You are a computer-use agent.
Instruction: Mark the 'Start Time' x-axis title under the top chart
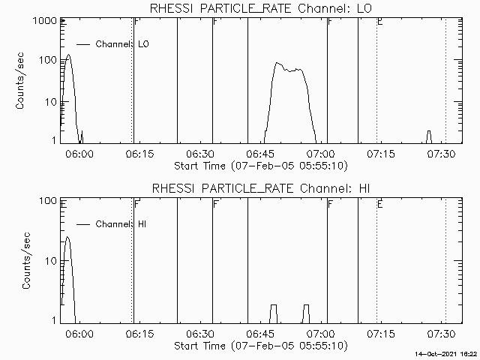pyautogui.click(x=259, y=165)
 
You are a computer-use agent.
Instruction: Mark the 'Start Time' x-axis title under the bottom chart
pyautogui.click(x=259, y=346)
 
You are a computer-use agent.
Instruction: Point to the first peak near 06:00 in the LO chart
pyautogui.click(x=68, y=55)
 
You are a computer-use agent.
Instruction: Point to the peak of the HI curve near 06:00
pyautogui.click(x=67, y=237)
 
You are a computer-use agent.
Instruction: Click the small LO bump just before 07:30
pyautogui.click(x=428, y=132)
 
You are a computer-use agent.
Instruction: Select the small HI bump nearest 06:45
pyautogui.click(x=274, y=305)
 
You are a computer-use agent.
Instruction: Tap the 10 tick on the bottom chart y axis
pyautogui.click(x=51, y=260)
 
